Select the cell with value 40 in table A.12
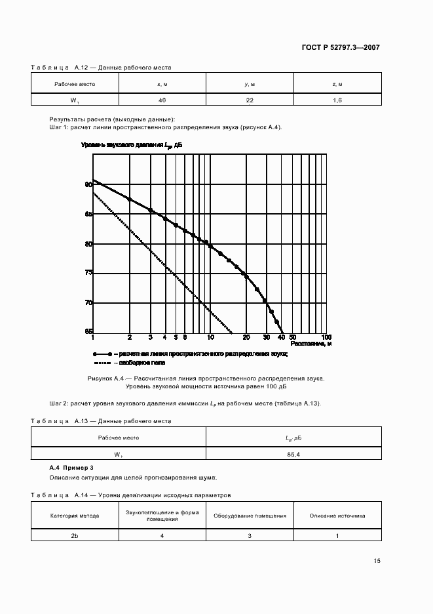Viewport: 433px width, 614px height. (162, 100)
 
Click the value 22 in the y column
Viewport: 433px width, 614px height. (250, 100)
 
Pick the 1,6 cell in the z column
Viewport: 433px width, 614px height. (337, 100)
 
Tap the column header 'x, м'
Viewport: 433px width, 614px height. (162, 83)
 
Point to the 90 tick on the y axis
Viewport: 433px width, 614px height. (88, 185)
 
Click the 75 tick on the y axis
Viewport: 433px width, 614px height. (88, 273)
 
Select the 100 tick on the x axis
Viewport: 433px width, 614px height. (327, 337)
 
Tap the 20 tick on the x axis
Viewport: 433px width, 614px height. (246, 337)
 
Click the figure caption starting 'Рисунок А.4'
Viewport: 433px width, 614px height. (206, 379)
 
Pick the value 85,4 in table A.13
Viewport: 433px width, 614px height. (293, 453)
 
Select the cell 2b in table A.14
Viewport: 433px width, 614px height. (75, 536)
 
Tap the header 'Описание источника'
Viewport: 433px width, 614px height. (337, 516)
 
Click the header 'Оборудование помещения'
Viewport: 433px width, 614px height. (250, 516)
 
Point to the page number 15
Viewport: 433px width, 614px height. (377, 561)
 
